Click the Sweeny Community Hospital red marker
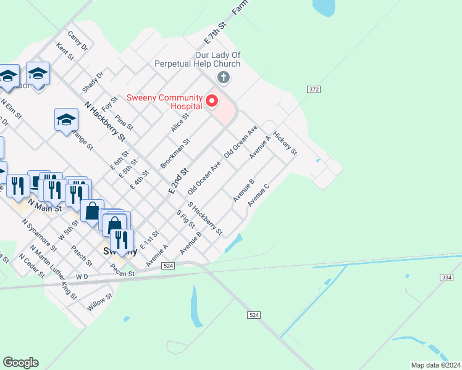(212, 101)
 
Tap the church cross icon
(224, 78)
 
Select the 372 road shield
(313, 89)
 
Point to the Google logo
(20, 363)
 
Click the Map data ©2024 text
(436, 365)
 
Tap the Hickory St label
(285, 142)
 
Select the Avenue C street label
(259, 194)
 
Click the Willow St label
(100, 302)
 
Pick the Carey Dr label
(78, 41)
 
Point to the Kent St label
(65, 51)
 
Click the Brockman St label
(175, 153)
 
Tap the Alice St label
(180, 122)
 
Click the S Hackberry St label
(205, 218)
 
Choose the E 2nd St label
(178, 181)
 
